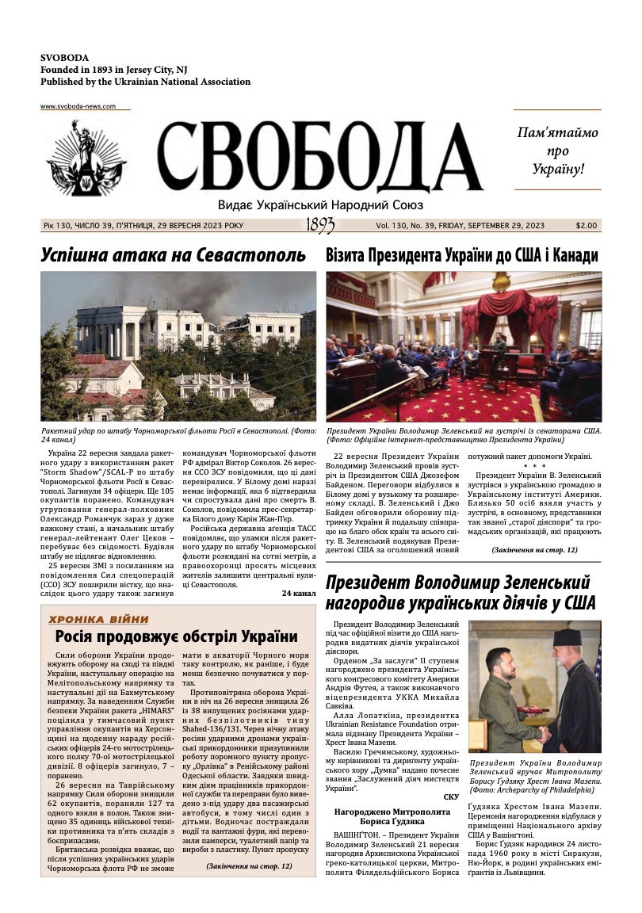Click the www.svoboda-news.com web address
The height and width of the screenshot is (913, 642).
tap(78, 106)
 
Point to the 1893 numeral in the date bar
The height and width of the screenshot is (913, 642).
tap(320, 226)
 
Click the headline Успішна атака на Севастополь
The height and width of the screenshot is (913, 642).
tap(174, 255)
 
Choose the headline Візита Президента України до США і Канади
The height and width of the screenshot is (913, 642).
tap(462, 255)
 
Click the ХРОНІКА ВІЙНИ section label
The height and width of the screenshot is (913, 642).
tap(98, 619)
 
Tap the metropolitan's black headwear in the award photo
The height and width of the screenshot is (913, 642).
tap(566, 637)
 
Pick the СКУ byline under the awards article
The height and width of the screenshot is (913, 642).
tap(451, 796)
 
